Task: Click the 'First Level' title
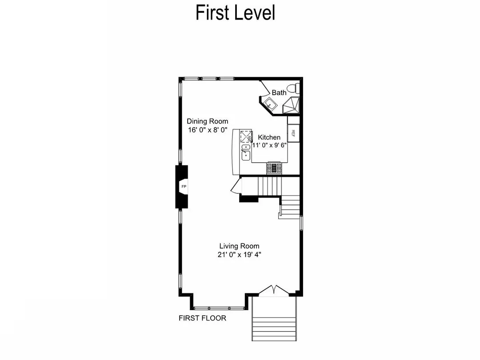pos(235,13)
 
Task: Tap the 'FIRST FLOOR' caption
pos(202,318)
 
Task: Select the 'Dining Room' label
pos(207,121)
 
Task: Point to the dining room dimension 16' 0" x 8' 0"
pos(207,130)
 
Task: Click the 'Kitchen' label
pos(269,137)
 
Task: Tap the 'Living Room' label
pos(239,246)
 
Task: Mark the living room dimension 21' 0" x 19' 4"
pos(239,255)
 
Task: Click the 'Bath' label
pos(279,92)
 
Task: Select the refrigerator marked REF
pos(293,132)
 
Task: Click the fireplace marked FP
pos(183,186)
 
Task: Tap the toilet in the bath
pos(294,88)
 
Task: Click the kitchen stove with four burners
pos(274,168)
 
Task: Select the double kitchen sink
pos(246,152)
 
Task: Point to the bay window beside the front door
pos(218,307)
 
